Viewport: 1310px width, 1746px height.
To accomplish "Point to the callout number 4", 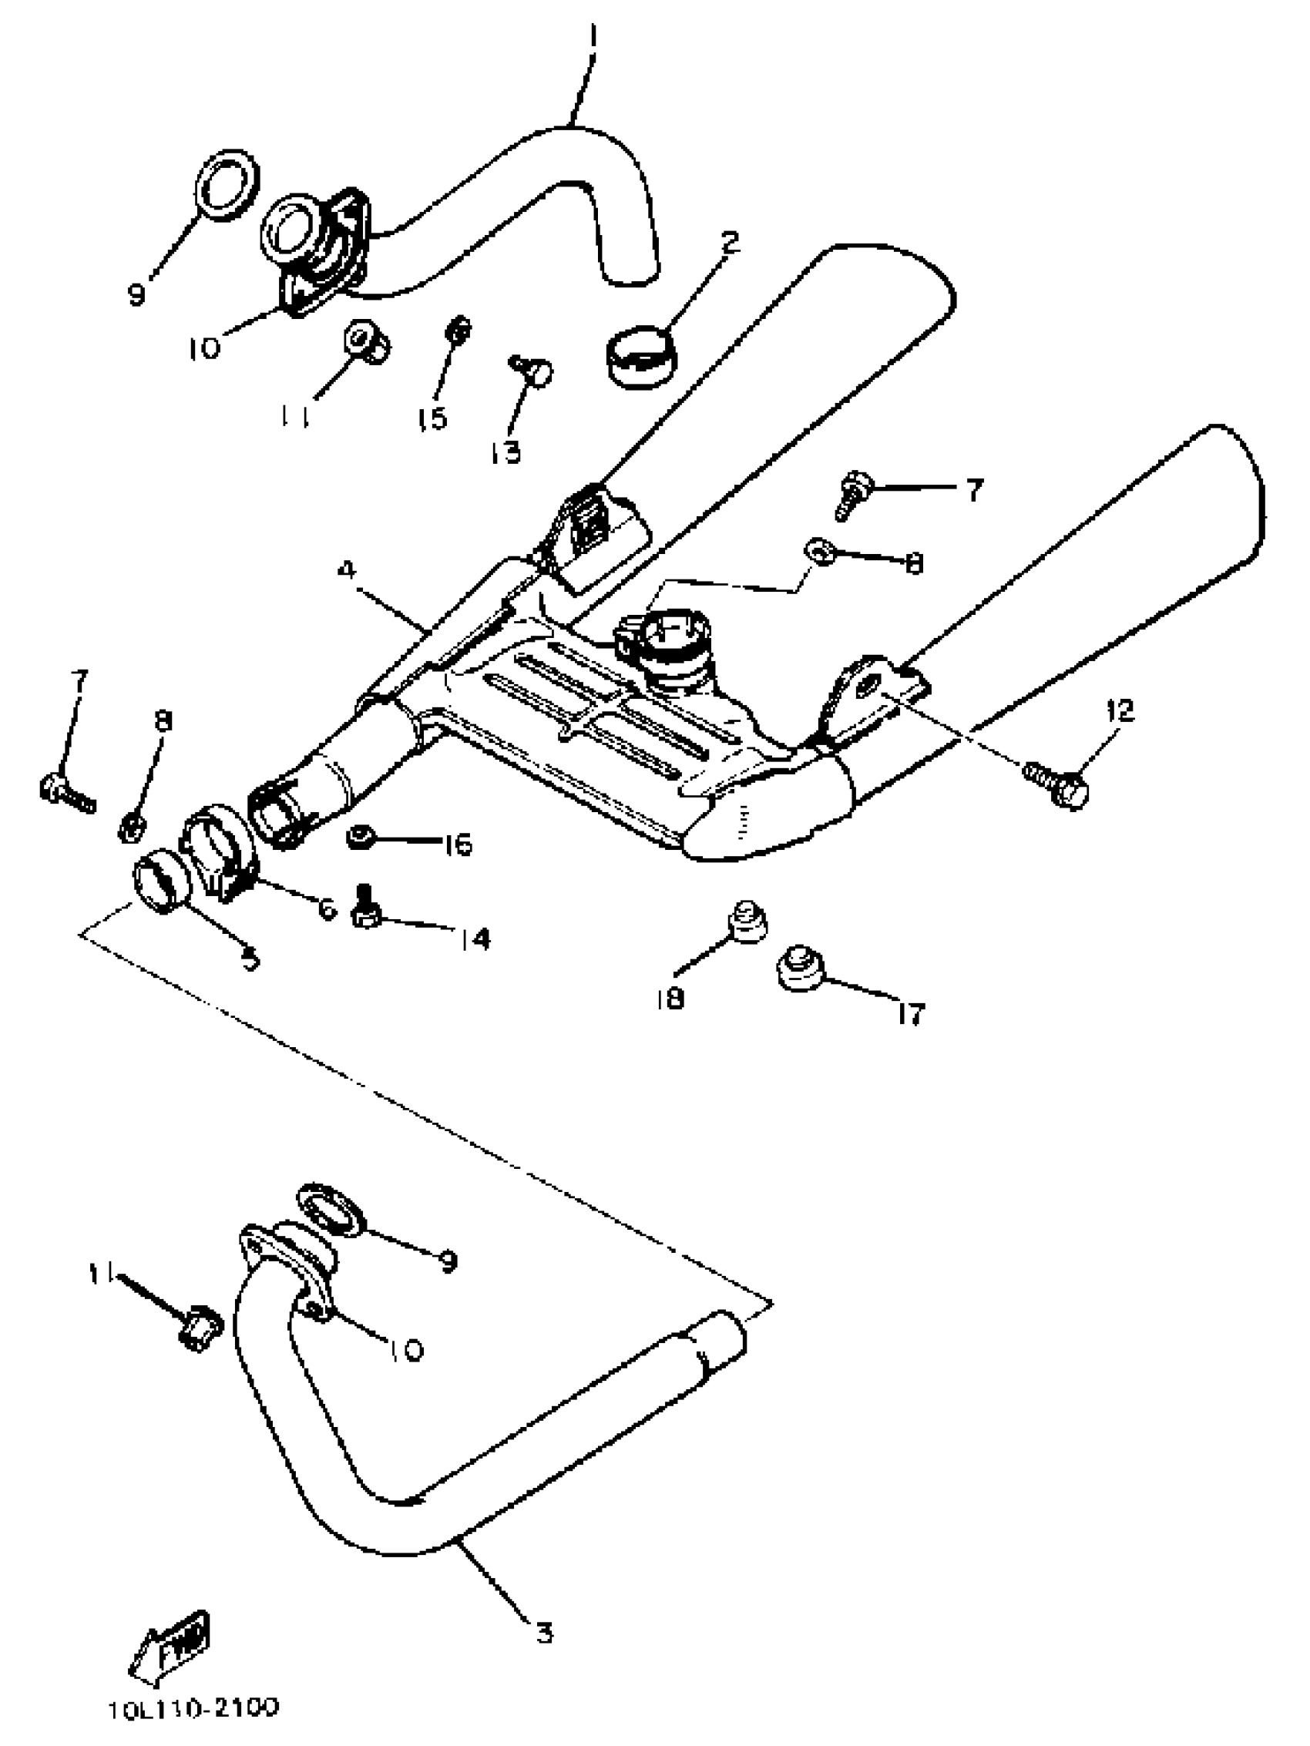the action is click(347, 570).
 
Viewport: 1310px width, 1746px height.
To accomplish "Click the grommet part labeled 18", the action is click(746, 922).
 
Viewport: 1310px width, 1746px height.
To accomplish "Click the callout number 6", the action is click(327, 908).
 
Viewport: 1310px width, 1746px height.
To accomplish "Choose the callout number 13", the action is click(506, 452).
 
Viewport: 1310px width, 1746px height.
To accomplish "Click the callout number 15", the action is click(433, 418).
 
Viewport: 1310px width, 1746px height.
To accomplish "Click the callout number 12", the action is click(1120, 711).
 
